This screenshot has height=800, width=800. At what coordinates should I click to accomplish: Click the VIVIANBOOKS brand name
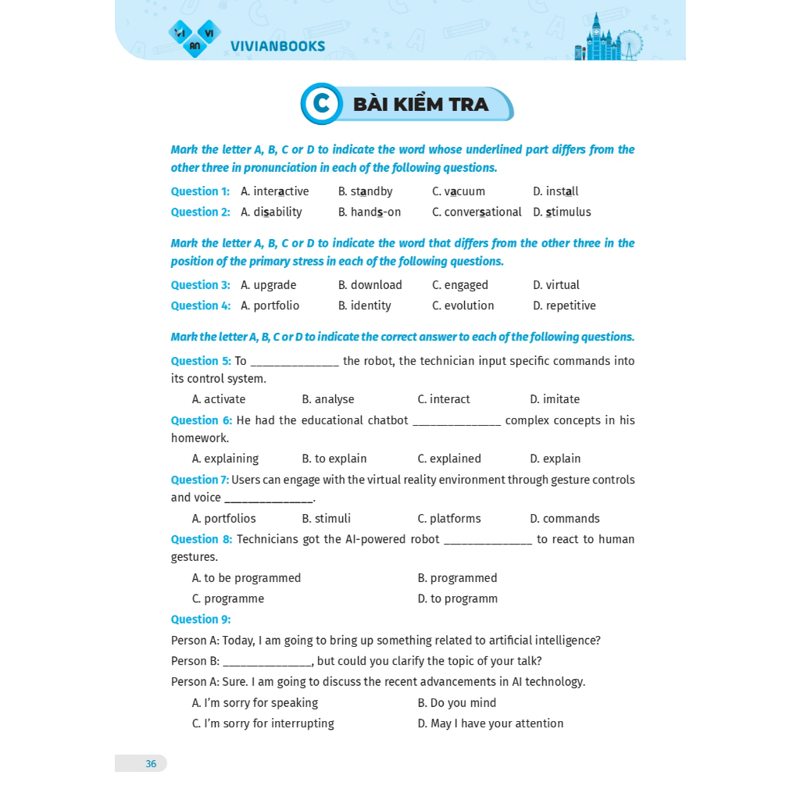pos(277,46)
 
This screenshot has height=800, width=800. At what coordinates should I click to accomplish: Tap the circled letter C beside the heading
pos(321,104)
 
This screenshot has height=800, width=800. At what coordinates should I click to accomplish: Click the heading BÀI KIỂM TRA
pos(420,105)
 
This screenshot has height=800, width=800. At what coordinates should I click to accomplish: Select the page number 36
pos(151,763)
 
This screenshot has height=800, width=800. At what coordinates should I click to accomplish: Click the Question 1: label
pos(200,191)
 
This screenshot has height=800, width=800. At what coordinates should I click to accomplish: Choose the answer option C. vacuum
pos(459,191)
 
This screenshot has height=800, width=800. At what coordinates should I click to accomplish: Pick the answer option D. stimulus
pos(562,212)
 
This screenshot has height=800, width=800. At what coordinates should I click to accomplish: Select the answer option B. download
pos(370,285)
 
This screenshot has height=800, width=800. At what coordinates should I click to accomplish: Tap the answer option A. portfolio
pos(270,305)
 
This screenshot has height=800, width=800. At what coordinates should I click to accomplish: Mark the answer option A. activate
pos(219,399)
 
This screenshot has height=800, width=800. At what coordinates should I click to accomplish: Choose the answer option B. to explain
pos(334,459)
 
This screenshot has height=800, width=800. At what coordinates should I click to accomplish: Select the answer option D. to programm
pos(458,598)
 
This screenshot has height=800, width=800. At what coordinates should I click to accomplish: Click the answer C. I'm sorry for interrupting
pos(262,723)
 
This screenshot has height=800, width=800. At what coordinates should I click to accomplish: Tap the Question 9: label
pos(201,620)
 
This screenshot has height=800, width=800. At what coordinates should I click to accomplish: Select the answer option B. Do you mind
pos(457,703)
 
